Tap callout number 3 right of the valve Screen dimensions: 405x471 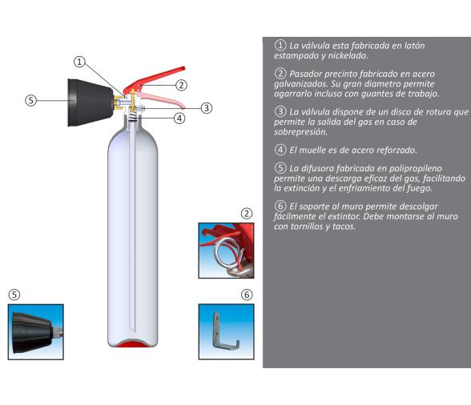coord(206,107)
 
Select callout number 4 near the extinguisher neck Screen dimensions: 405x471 coord(179,118)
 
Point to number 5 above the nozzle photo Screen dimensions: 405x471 coord(13,294)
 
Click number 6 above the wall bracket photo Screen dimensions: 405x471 coord(247,294)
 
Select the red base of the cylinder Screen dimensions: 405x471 coord(133,344)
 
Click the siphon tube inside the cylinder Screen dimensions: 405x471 coord(132,224)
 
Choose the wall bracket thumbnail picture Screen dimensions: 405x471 coord(226,331)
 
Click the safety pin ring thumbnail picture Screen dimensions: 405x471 coord(226,251)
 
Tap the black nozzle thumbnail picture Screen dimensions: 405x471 coord(35,331)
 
